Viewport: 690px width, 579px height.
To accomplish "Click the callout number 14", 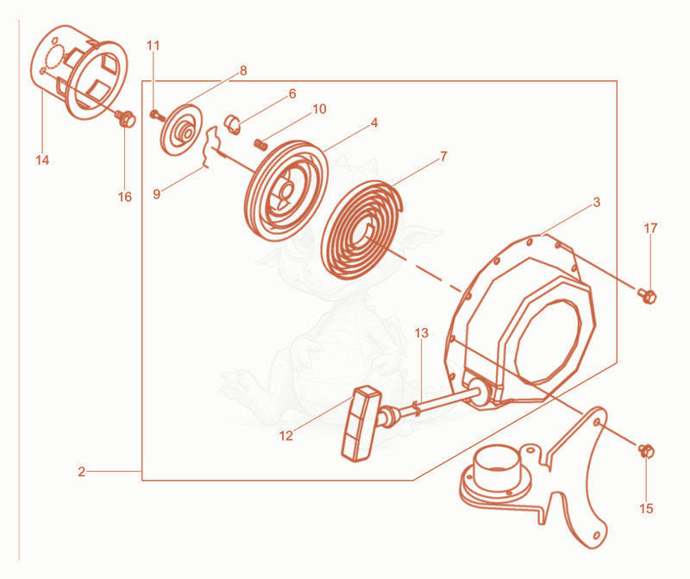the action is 42,160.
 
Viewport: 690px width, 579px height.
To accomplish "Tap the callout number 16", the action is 125,197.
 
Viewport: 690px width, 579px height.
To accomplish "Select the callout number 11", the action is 154,46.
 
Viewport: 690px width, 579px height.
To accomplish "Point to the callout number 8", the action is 243,71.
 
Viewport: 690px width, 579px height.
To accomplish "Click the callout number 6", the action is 292,94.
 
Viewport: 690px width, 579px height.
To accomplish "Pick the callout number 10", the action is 319,109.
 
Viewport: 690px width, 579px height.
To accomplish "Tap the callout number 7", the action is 443,156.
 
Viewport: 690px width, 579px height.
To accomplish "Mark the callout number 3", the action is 596,202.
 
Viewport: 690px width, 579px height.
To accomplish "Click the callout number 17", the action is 650,228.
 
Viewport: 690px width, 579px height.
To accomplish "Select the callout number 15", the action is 646,508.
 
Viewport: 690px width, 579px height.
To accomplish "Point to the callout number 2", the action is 81,471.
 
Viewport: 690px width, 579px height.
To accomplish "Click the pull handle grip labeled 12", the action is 361,424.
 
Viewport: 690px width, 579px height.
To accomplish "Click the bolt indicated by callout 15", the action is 647,451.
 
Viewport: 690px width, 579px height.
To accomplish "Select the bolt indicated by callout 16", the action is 125,119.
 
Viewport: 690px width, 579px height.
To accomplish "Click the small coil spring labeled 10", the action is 261,144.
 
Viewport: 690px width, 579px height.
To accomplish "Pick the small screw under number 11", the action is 157,116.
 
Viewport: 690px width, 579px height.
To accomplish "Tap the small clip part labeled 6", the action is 232,124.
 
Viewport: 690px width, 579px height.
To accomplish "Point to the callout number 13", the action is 421,333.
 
